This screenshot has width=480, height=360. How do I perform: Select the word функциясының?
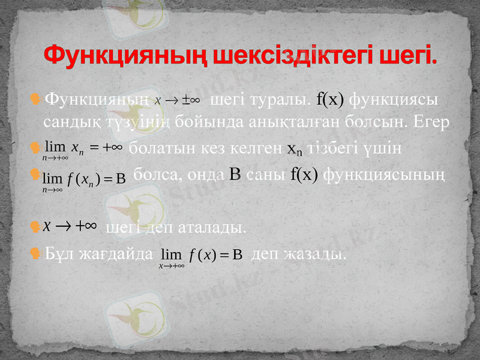click(384, 175)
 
